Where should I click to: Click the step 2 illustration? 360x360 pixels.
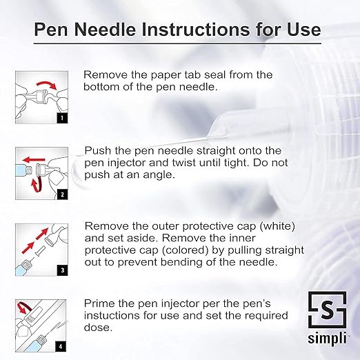pos(41,172)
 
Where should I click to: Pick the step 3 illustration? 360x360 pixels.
pos(41,248)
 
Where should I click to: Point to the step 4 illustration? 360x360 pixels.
pos(41,323)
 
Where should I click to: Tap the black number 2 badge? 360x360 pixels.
pos(61,194)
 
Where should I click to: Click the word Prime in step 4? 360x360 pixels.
pos(99,303)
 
